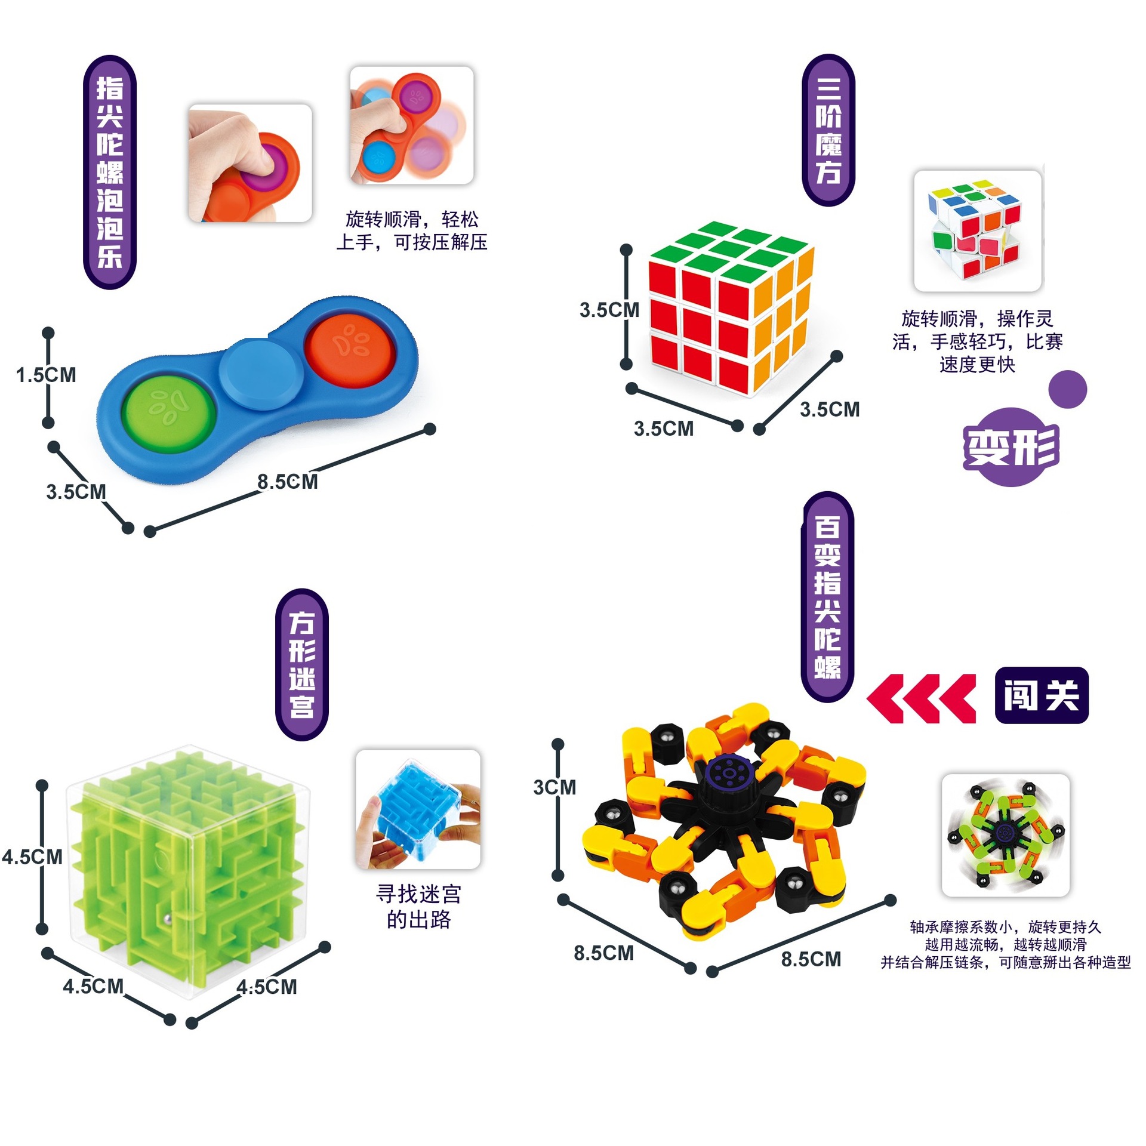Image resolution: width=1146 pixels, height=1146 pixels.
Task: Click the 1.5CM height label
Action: point(46,375)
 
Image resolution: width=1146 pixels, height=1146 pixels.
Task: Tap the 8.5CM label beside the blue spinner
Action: point(287,482)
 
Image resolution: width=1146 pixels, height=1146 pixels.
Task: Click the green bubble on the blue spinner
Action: point(169,412)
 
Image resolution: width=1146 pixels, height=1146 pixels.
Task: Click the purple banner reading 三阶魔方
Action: point(828,130)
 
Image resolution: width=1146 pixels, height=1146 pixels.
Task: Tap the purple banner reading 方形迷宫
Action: point(301,664)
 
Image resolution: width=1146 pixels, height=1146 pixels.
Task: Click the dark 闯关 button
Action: point(1042,695)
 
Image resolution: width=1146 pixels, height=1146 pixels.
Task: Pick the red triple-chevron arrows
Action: point(921,698)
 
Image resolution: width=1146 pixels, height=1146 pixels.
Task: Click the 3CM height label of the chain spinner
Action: point(554,787)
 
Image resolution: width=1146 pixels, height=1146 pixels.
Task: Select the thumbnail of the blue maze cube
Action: point(418,809)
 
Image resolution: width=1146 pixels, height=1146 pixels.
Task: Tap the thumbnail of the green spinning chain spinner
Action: point(1005,835)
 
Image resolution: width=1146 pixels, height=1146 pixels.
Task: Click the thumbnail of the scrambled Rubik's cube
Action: point(977,231)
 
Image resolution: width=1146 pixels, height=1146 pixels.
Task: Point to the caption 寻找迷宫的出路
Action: point(418,907)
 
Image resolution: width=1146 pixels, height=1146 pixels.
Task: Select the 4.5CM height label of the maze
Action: point(32,857)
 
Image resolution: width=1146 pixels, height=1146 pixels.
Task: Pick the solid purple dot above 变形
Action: point(1067,389)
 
